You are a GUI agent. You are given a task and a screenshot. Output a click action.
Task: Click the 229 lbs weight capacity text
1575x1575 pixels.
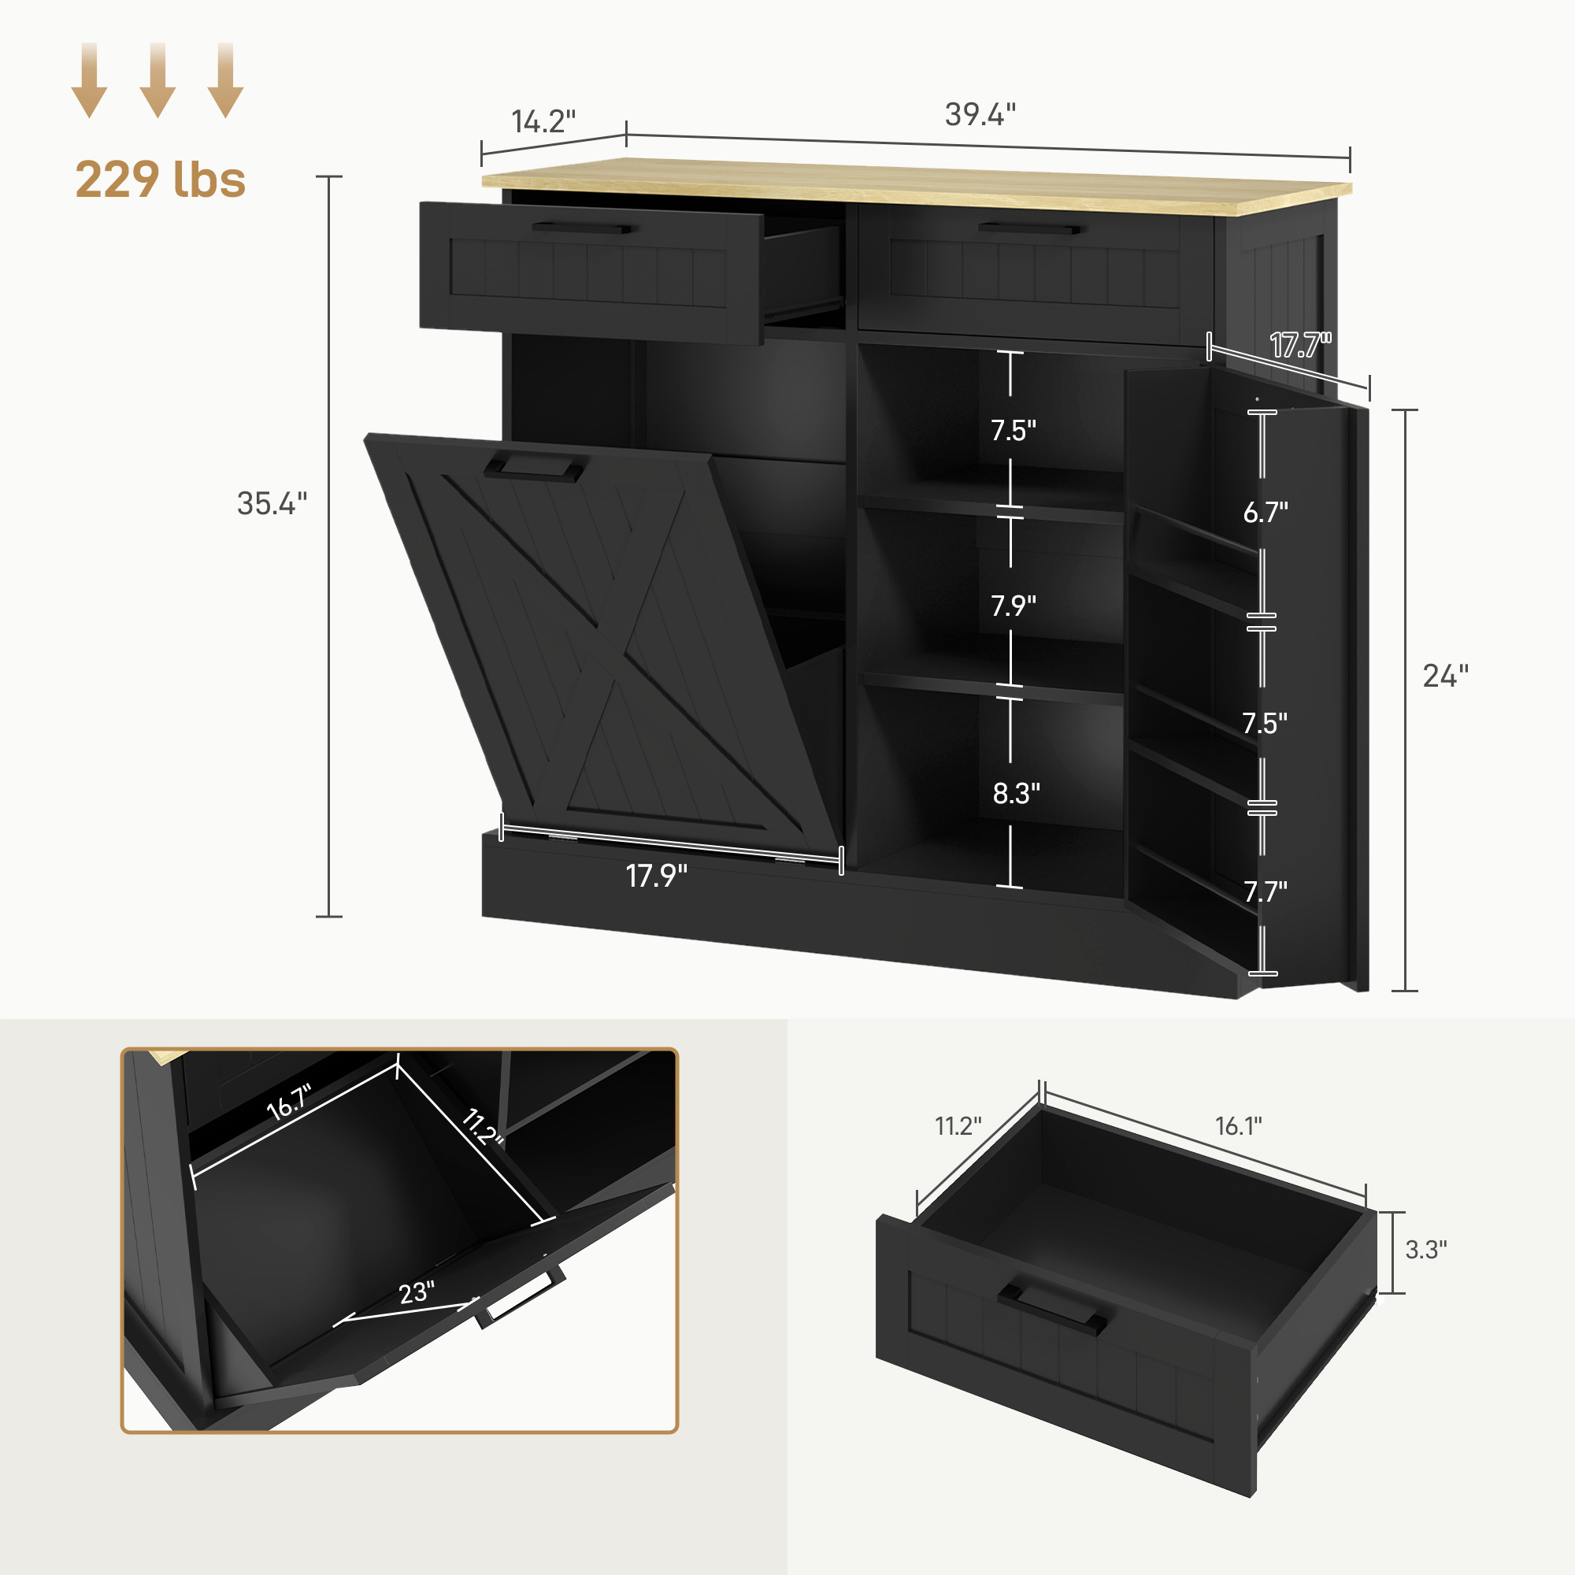pos(160,180)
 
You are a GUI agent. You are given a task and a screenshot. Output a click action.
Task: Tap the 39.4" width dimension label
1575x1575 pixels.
pos(980,115)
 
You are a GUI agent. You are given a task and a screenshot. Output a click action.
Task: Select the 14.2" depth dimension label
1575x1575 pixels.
pos(543,121)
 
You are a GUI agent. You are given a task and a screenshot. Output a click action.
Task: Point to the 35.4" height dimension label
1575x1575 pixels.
pos(272,504)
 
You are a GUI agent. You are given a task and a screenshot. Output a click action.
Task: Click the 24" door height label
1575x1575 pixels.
pos(1445,676)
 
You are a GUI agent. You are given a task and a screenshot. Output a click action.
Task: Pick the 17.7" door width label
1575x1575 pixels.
pos(1300,346)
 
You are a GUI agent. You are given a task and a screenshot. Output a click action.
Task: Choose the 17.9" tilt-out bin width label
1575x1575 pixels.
pos(656,876)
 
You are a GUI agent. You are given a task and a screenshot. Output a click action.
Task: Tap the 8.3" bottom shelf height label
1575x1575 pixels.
pos(1016,793)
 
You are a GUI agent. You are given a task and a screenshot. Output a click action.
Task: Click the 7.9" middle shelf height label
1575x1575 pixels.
pos(1014,606)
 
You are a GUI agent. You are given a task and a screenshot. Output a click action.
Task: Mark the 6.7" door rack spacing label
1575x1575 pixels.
pos(1266,512)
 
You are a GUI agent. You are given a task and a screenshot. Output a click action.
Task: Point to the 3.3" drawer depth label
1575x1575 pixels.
pos(1426,1250)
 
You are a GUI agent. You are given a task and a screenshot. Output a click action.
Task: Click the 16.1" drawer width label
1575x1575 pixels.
pos(1238,1126)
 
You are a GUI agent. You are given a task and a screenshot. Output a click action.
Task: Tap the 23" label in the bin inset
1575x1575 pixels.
pos(417,1292)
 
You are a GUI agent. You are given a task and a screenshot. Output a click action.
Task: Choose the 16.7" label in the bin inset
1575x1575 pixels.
pos(288,1102)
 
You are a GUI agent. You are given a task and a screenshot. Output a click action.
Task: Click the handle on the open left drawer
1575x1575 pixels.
pos(581,228)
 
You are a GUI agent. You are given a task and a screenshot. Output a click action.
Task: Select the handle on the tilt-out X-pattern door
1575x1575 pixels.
pos(535,468)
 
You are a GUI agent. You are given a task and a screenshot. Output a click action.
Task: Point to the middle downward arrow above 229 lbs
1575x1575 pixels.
pos(158,80)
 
